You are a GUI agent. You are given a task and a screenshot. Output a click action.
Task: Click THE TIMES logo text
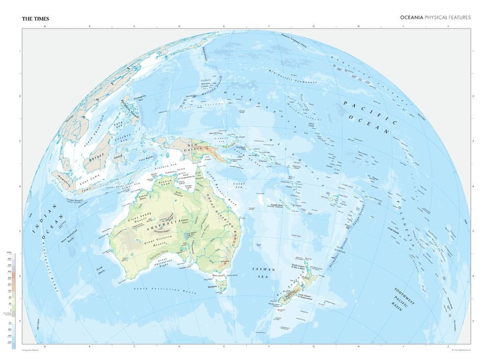[35, 19]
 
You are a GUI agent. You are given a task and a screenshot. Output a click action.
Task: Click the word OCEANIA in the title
[412, 17]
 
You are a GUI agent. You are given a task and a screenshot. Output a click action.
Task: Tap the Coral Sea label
[239, 185]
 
